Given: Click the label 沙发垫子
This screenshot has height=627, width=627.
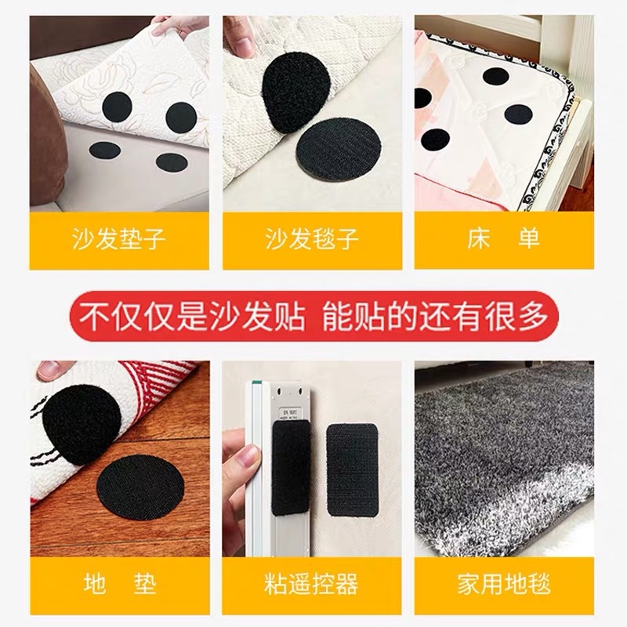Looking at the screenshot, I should (x=119, y=238).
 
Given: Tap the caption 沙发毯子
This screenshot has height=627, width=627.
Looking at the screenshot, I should (x=312, y=238).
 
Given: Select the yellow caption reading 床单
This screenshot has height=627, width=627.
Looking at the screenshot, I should (x=504, y=238).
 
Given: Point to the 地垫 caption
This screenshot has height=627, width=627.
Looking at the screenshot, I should (x=119, y=584).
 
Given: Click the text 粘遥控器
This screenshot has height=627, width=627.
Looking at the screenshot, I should (x=312, y=584).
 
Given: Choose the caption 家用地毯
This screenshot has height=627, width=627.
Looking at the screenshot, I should (x=504, y=584).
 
